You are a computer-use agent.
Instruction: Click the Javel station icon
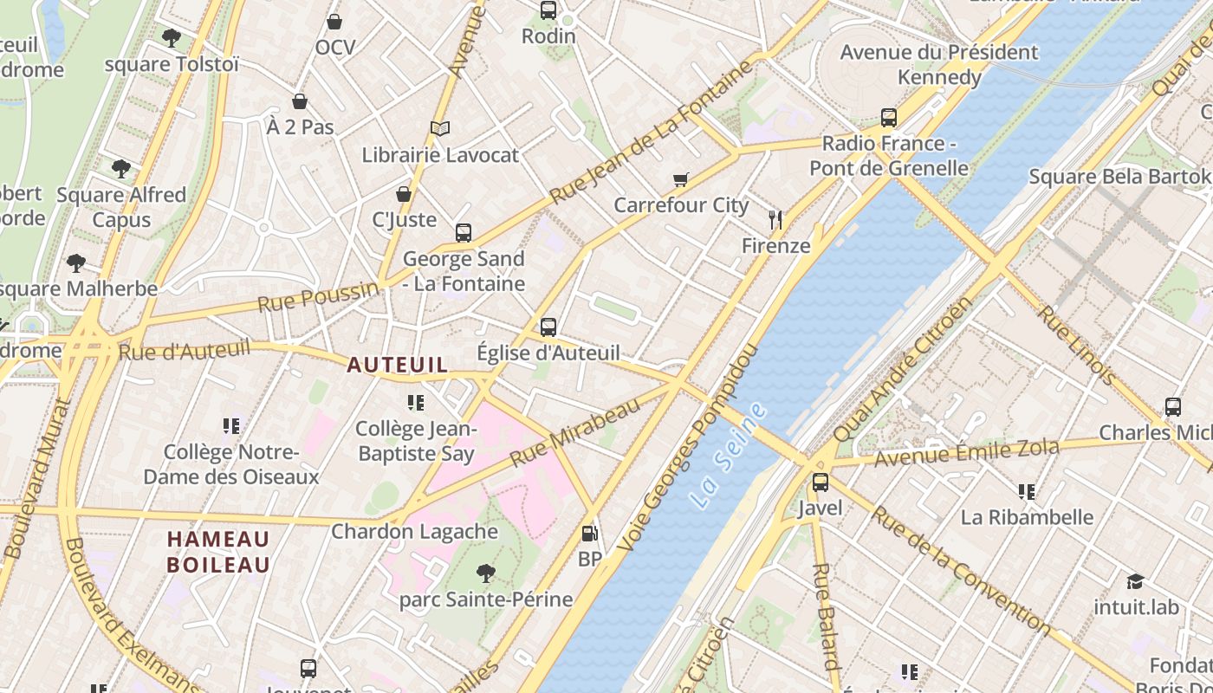pyautogui.click(x=820, y=483)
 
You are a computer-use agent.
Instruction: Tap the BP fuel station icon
pyautogui.click(x=590, y=534)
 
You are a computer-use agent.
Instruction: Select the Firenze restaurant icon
pyautogui.click(x=775, y=220)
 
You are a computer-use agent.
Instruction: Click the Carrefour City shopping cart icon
pyautogui.click(x=681, y=179)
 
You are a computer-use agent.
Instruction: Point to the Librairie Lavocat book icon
pyautogui.click(x=440, y=129)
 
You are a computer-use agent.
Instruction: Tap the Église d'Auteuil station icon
pyautogui.click(x=548, y=327)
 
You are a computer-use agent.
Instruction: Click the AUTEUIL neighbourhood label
pyautogui.click(x=398, y=365)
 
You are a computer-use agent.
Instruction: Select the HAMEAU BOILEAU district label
pyautogui.click(x=218, y=552)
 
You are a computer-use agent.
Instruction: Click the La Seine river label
pyautogui.click(x=730, y=455)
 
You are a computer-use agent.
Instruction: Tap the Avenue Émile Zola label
pyautogui.click(x=966, y=452)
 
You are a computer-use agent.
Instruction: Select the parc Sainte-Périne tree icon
pyautogui.click(x=486, y=573)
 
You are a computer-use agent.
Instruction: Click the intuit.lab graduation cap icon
pyautogui.click(x=1136, y=581)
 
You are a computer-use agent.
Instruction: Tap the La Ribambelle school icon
pyautogui.click(x=1027, y=492)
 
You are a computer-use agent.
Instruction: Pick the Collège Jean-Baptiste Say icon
pyautogui.click(x=416, y=403)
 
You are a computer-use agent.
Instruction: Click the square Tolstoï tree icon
pyautogui.click(x=172, y=38)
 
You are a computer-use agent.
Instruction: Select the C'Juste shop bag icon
pyautogui.click(x=404, y=194)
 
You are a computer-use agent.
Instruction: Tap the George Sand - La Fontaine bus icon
pyautogui.click(x=464, y=233)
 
